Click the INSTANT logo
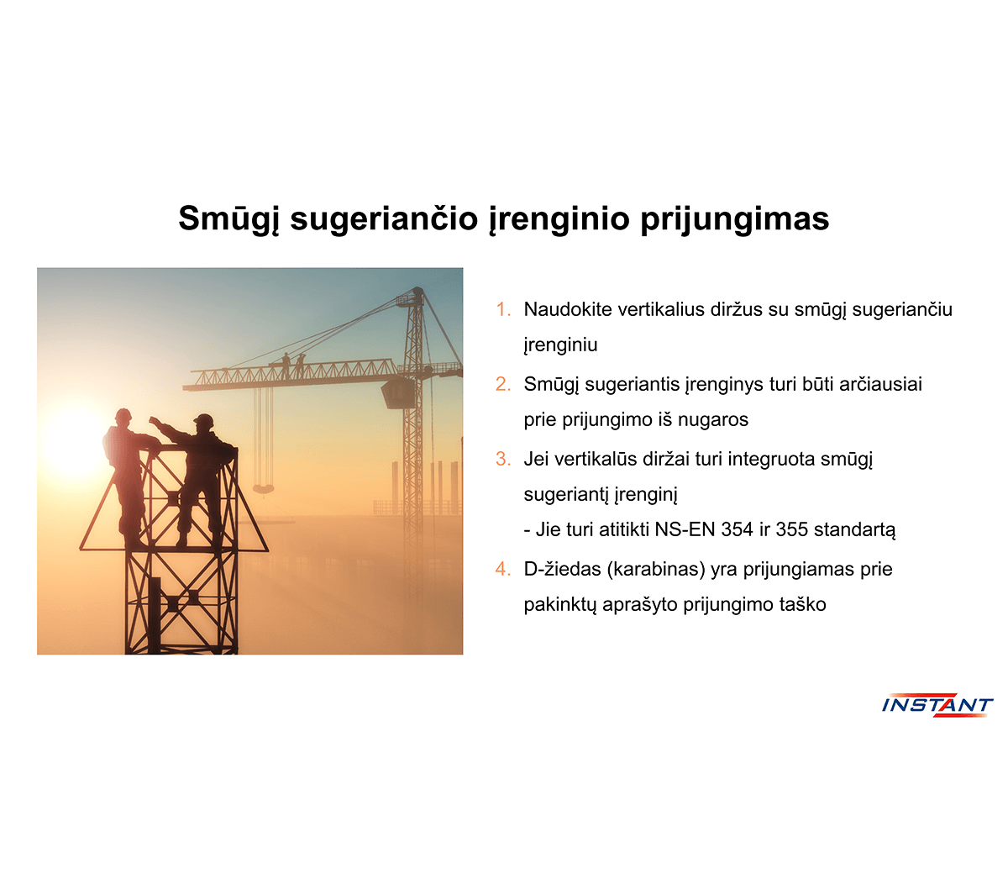click(937, 704)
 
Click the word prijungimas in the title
click(734, 219)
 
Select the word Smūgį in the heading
click(229, 219)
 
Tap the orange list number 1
click(502, 309)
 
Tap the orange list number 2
click(502, 384)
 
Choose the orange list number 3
click(502, 459)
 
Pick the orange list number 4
click(502, 569)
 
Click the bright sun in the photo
click(76, 443)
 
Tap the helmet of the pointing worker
click(204, 421)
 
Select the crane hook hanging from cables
click(263, 488)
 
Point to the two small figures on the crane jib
click(292, 365)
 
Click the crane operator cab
click(397, 392)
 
